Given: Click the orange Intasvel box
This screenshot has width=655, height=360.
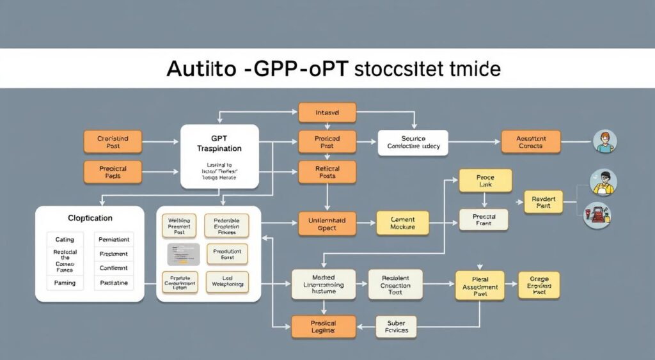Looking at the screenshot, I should tap(327, 113).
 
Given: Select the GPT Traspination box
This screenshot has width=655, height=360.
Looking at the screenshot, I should tap(219, 157).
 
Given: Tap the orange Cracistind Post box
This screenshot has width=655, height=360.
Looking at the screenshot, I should tap(113, 142).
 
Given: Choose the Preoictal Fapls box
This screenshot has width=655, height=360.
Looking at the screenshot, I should tap(113, 172).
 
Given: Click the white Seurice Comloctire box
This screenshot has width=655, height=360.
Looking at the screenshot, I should tap(413, 143).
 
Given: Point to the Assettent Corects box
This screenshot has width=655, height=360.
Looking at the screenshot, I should tap(530, 142).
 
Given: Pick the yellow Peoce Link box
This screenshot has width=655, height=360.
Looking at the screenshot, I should tap(485, 180).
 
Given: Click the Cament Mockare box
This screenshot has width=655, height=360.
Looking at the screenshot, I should tap(402, 223).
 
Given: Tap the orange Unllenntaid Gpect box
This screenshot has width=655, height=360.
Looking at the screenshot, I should tap(327, 223).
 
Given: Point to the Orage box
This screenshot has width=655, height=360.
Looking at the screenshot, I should tap(539, 285).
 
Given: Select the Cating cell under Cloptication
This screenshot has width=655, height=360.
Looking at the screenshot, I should tap(65, 239).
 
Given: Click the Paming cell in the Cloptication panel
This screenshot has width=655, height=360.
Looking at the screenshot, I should tap(65, 283).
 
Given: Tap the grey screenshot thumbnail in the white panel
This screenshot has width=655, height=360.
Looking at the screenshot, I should tap(184, 254).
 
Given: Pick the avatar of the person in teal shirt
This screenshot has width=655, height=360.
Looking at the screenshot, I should tap(604, 142).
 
